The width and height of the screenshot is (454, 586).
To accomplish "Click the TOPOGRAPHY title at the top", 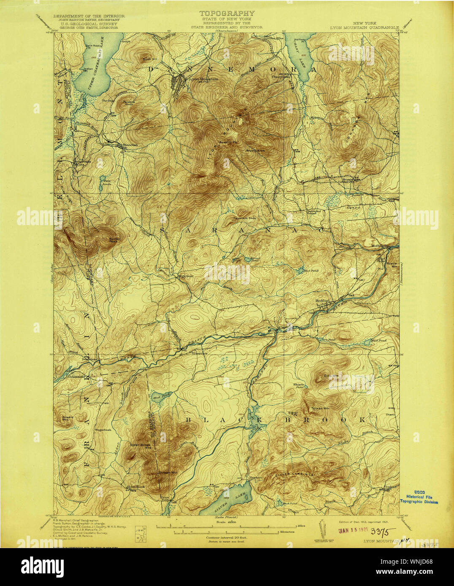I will point(227,13).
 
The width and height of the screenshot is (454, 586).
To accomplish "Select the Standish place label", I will point(130,145).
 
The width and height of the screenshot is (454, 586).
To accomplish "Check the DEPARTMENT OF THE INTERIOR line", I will point(86,16).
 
